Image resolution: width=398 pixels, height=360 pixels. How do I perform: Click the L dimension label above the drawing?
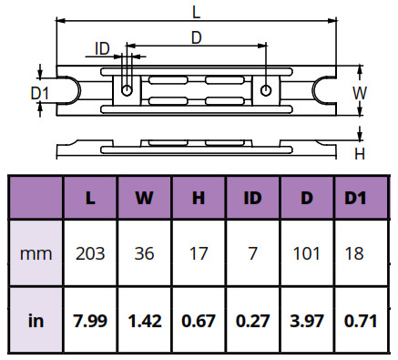click(197, 13)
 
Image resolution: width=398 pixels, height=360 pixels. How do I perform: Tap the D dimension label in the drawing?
click(197, 38)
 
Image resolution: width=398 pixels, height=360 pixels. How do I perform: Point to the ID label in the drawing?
click(102, 48)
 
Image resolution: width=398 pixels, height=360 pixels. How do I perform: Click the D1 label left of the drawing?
click(40, 93)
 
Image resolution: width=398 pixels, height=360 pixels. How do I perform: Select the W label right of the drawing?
click(360, 93)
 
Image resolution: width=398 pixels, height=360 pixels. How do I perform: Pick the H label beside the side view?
click(360, 154)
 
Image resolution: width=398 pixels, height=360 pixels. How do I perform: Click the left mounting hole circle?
click(127, 90)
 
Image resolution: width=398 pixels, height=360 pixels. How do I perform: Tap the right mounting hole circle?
click(266, 90)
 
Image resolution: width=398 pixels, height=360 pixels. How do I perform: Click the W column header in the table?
click(144, 198)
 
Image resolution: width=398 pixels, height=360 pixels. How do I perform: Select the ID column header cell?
click(252, 198)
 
